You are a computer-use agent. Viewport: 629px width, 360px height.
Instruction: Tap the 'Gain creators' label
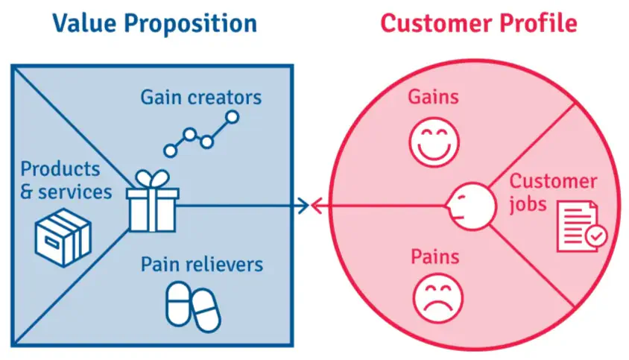(201, 97)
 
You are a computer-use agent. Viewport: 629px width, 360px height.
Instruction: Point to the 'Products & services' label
(66, 180)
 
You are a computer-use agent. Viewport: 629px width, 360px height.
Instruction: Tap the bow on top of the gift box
(152, 179)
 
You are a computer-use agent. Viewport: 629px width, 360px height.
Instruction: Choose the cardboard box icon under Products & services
(63, 238)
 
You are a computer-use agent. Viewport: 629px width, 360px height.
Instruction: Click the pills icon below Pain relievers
(192, 306)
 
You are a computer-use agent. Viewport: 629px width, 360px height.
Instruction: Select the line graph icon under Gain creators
(201, 134)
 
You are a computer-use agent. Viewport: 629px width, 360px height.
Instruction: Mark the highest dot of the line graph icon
(232, 117)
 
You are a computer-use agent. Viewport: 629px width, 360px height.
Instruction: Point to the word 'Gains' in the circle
(433, 97)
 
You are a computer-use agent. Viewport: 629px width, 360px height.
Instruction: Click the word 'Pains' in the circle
(434, 257)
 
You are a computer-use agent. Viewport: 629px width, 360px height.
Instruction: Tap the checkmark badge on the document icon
(596, 238)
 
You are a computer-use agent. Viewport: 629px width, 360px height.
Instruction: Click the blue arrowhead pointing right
(303, 205)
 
